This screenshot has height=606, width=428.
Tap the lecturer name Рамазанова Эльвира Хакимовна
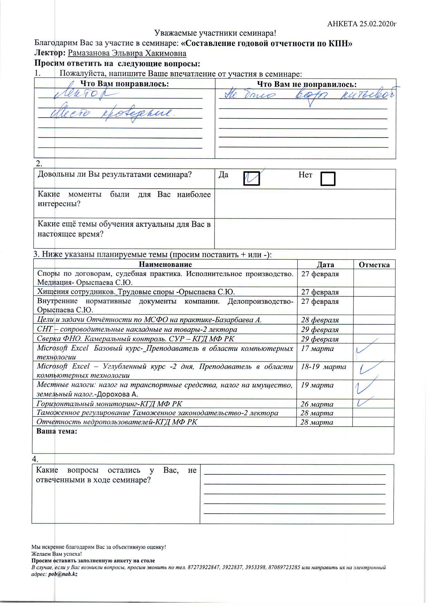pyautogui.click(x=127, y=53)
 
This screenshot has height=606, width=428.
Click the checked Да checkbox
pyautogui.click(x=251, y=178)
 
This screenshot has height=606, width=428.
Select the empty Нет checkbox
pyautogui.click(x=328, y=179)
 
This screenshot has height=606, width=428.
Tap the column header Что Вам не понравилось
pyautogui.click(x=307, y=84)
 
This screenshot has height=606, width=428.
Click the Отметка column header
pyautogui.click(x=374, y=265)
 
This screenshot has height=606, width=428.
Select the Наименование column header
pyautogui.click(x=165, y=265)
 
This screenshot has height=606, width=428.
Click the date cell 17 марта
pyautogui.click(x=317, y=348)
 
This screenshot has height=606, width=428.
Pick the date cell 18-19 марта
pyautogui.click(x=323, y=366)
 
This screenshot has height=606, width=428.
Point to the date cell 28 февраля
pyautogui.click(x=319, y=320)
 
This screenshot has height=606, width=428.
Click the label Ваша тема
pyautogui.click(x=57, y=431)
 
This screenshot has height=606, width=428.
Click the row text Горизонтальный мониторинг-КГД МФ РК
pyautogui.click(x=110, y=404)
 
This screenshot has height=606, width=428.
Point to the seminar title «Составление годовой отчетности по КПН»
pyautogui.click(x=266, y=43)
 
